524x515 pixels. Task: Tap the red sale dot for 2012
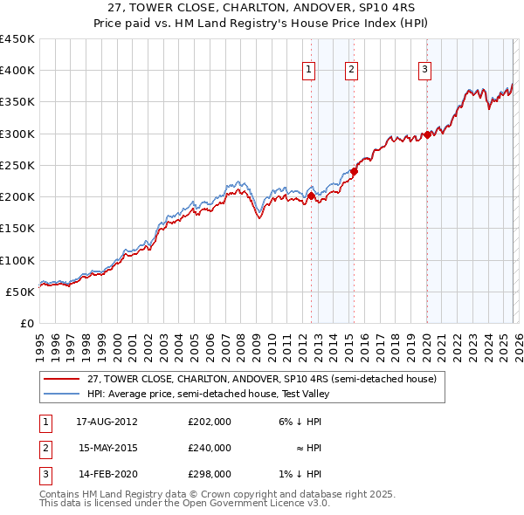pos(311,196)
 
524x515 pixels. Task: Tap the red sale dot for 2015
pos(354,172)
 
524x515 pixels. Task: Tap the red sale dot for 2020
pos(427,134)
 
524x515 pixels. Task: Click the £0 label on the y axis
pos(26,323)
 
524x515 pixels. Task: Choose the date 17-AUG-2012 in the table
pos(108,422)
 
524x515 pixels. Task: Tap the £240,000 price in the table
pos(210,448)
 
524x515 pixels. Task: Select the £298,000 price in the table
pos(210,474)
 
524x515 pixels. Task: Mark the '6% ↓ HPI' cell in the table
pos(298,422)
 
